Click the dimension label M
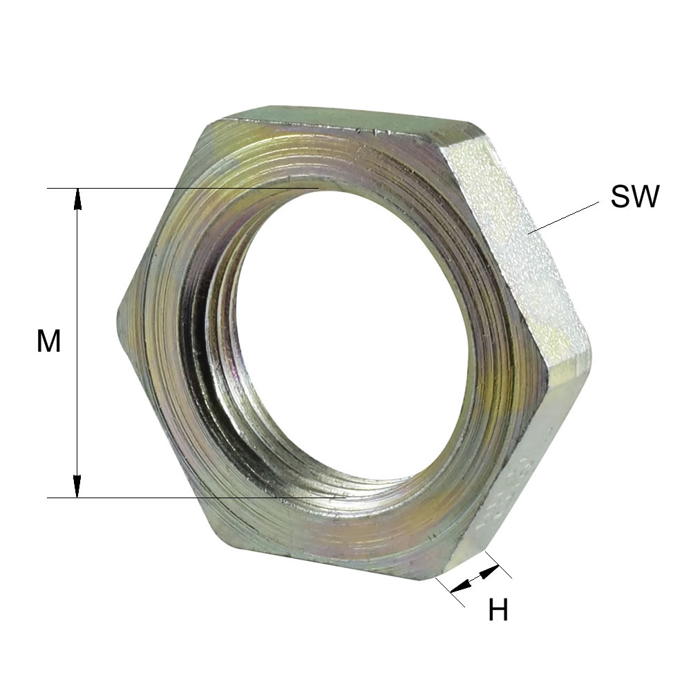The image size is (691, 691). point(48,341)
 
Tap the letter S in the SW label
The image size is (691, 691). point(621,196)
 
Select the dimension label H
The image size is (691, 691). point(498,610)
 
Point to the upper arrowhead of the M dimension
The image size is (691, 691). point(77,198)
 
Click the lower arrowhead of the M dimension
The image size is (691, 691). point(77,487)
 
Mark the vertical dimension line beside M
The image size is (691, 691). point(77,343)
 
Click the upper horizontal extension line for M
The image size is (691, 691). point(183,188)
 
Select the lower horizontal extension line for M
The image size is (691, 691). point(196,498)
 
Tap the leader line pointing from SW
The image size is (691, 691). point(564,217)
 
